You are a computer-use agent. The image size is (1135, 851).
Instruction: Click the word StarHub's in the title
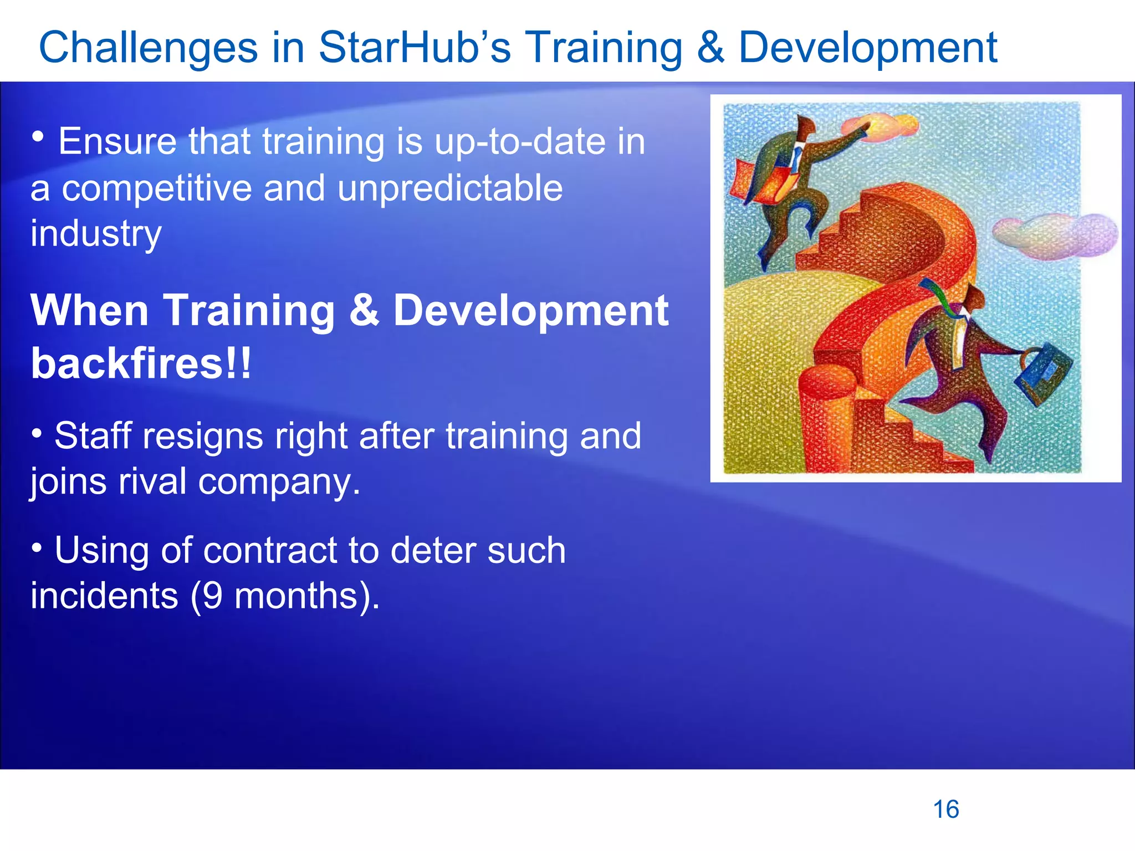click(x=414, y=48)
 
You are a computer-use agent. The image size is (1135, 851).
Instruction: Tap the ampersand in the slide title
click(x=710, y=48)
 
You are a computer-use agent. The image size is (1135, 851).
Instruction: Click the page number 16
click(x=946, y=809)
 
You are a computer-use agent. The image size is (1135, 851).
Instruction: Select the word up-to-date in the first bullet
click(x=520, y=142)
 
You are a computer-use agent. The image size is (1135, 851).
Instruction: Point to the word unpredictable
click(x=450, y=188)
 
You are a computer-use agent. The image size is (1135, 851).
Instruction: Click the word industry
click(x=96, y=234)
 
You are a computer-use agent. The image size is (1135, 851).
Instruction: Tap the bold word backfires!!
click(x=141, y=364)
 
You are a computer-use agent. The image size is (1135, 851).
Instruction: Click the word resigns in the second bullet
click(x=203, y=436)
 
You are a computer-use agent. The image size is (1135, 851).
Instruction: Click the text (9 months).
click(x=285, y=596)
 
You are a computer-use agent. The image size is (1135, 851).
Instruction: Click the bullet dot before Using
click(x=37, y=548)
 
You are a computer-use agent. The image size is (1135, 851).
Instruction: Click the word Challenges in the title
click(x=148, y=48)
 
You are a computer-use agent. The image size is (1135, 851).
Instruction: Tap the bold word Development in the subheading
click(x=530, y=311)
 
